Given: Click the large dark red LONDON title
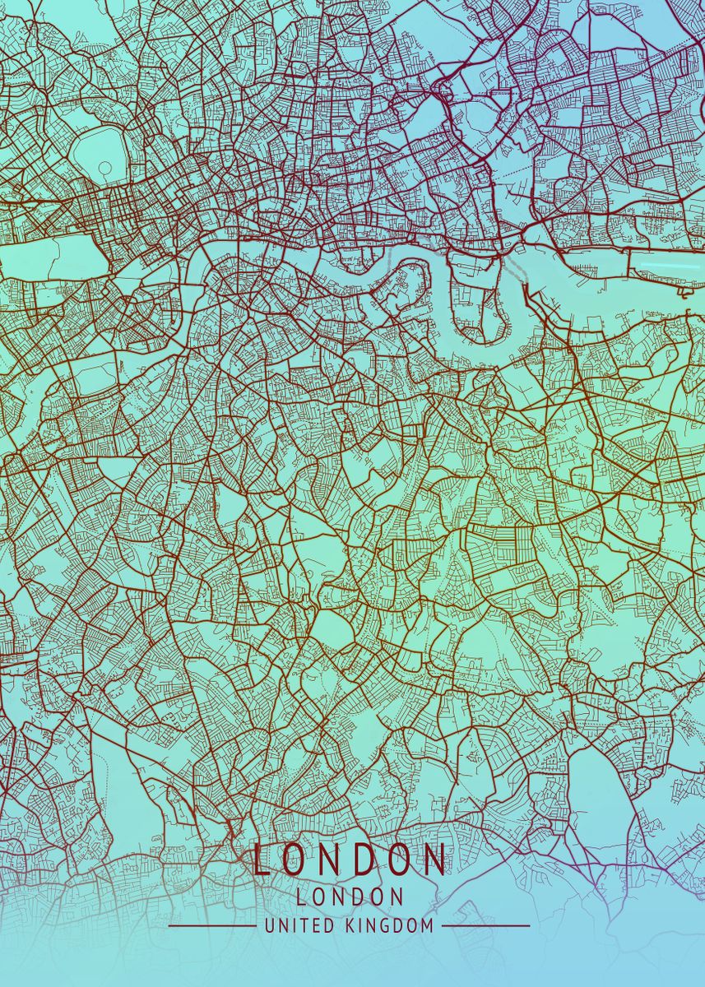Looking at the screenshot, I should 350,860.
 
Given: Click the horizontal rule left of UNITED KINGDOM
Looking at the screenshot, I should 211,925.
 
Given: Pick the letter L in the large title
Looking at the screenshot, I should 262,860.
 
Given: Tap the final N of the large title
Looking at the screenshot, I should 434,860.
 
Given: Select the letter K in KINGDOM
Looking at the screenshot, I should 346,925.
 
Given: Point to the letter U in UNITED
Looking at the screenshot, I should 270,925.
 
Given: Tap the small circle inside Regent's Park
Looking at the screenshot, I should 105,167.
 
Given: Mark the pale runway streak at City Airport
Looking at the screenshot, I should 666,265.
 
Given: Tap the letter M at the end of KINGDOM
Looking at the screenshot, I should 426,925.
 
